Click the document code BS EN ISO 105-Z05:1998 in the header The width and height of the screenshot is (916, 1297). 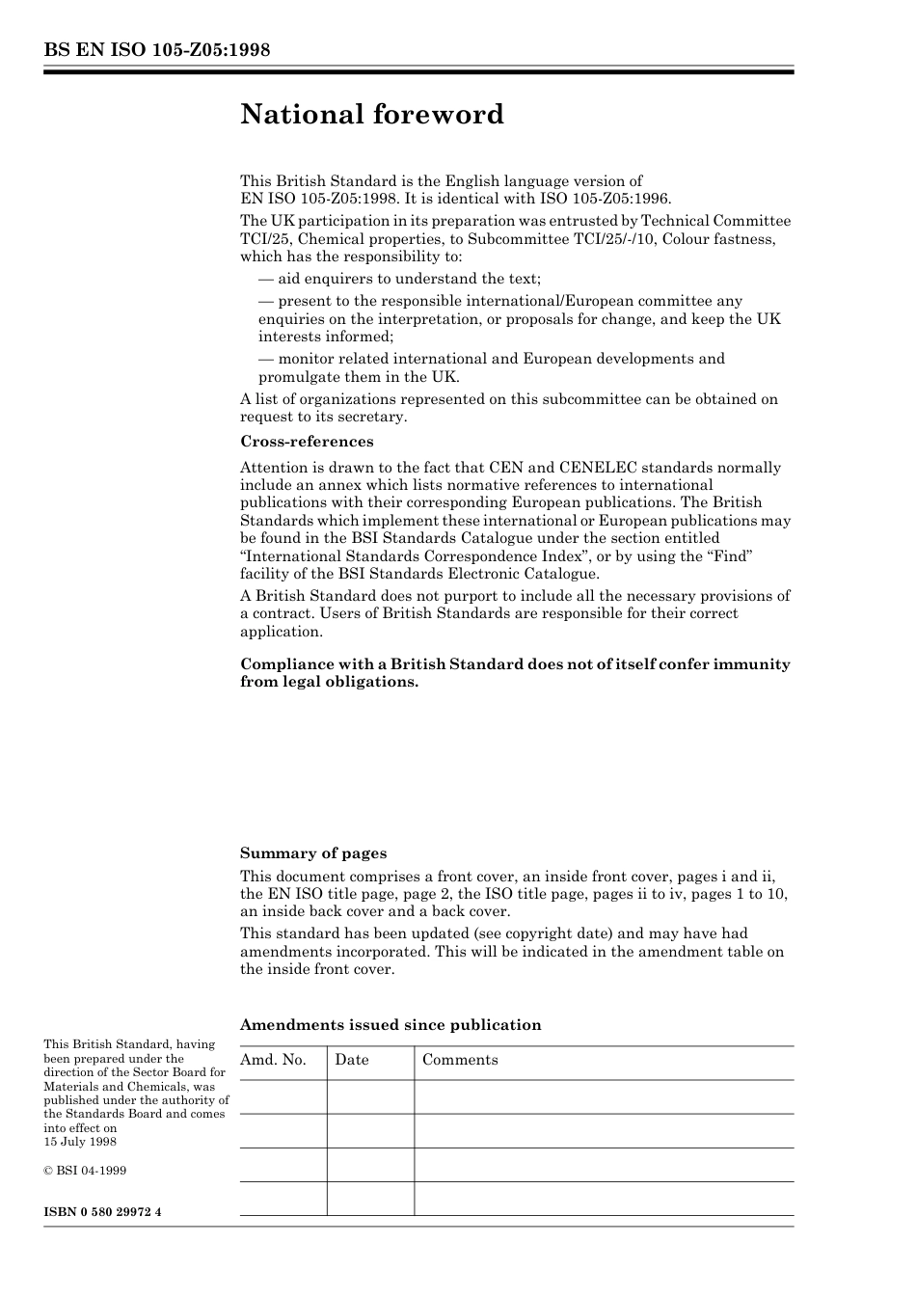(156, 50)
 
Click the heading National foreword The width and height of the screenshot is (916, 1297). (372, 115)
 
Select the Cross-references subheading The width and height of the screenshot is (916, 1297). (307, 442)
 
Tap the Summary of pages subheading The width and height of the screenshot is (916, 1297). (313, 853)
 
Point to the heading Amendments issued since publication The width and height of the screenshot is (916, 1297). (391, 1025)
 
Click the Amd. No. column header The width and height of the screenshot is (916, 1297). (274, 1060)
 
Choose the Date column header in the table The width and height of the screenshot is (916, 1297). (352, 1060)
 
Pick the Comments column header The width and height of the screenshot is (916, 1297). (460, 1060)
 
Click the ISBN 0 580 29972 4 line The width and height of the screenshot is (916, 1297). (102, 1211)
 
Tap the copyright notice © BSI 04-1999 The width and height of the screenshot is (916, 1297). (85, 1171)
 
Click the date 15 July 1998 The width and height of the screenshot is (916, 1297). (80, 1142)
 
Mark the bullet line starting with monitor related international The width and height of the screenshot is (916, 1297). (492, 359)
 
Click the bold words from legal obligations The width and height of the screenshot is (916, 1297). (330, 682)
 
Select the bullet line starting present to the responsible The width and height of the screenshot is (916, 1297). (500, 301)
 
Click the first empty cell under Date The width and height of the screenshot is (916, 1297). (370, 1096)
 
